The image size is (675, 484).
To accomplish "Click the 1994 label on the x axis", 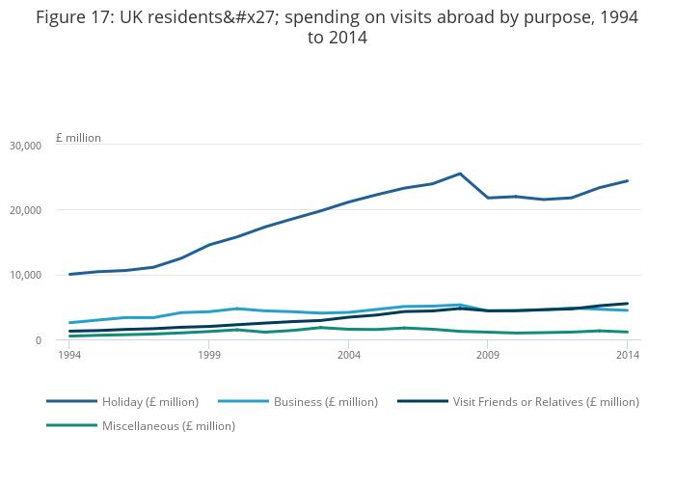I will (69, 356).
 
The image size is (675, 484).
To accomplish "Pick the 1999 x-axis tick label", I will (209, 356).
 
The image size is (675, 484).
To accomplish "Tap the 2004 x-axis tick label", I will (349, 356).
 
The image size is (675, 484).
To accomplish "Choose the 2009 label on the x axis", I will (488, 356).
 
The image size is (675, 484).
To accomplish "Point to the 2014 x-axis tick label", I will (628, 356).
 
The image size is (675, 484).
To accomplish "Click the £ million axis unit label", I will (78, 138).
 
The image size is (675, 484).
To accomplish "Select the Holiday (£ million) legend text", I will (150, 402).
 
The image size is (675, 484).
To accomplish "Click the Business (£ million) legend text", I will (326, 402).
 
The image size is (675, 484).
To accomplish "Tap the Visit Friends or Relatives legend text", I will (546, 402).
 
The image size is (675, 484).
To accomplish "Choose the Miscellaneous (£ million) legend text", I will (169, 426).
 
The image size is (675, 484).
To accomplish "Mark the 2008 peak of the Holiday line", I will (460, 174).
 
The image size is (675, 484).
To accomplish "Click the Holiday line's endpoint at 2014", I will (628, 180).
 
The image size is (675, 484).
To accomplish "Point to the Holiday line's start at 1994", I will (69, 274).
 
